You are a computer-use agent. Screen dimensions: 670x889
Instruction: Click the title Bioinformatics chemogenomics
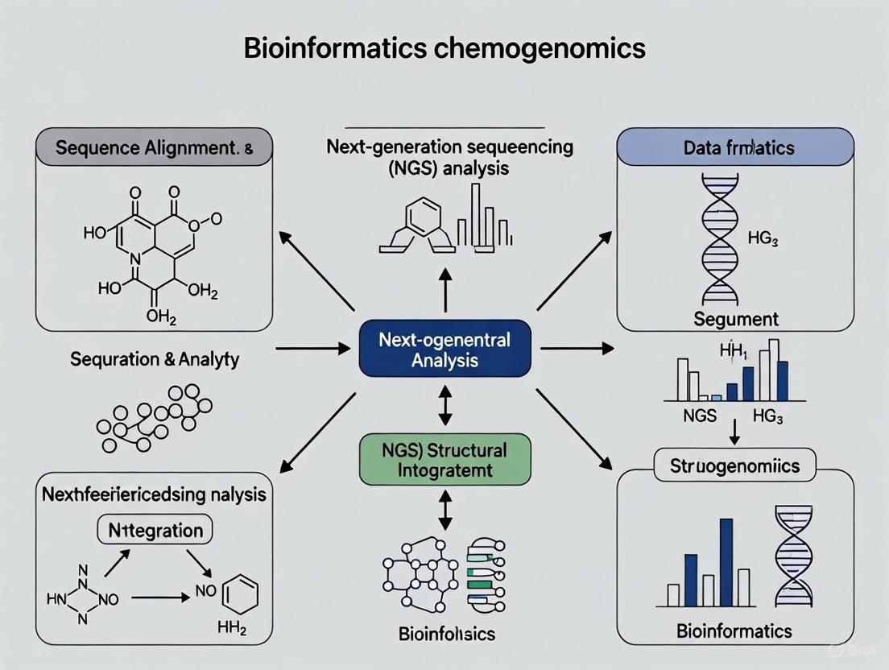click(444, 48)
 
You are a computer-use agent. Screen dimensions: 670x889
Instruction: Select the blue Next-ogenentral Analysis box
click(444, 349)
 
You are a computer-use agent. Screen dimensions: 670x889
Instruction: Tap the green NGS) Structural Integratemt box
click(444, 459)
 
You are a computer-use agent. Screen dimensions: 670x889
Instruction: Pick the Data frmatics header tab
click(734, 147)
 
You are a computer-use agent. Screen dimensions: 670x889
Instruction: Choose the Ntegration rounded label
click(155, 530)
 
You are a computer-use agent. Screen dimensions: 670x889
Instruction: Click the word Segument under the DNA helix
click(736, 318)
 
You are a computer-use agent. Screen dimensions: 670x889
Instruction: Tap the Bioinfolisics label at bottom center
click(447, 633)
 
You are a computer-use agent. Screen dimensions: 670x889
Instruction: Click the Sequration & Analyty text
click(155, 359)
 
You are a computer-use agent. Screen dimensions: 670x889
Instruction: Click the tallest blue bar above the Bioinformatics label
click(726, 562)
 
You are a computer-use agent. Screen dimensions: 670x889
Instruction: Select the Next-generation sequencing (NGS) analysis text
click(450, 158)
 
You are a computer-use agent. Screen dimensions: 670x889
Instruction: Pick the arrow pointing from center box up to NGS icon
click(445, 290)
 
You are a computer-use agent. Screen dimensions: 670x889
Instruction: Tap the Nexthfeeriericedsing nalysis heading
click(153, 494)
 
